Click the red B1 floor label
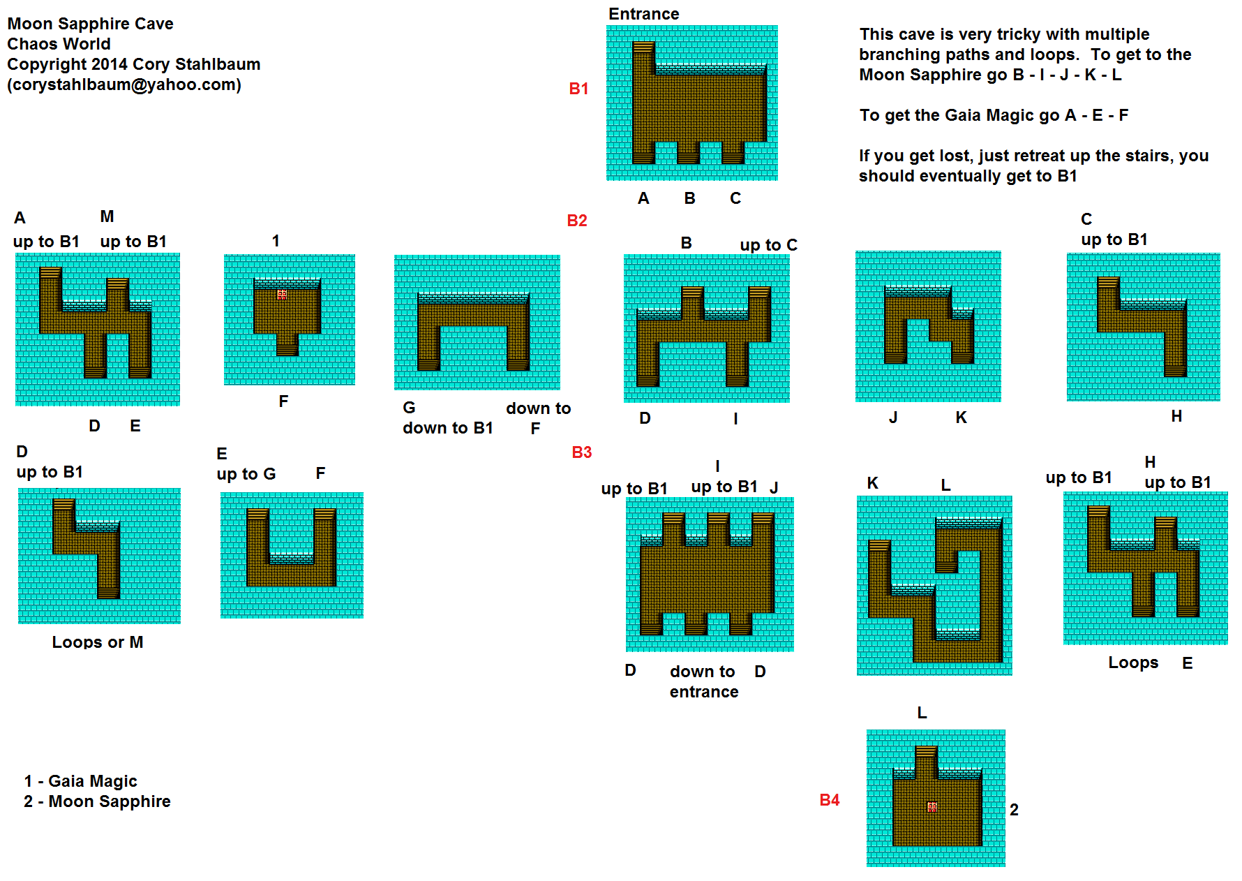(x=578, y=89)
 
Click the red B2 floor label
(x=577, y=221)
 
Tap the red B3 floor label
(x=581, y=452)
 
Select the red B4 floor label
(x=830, y=800)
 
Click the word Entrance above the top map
(x=643, y=14)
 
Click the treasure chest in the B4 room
(x=932, y=807)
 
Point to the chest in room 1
(x=282, y=295)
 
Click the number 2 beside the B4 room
(x=1014, y=810)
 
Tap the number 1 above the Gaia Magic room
(x=276, y=241)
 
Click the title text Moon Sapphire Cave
(x=91, y=24)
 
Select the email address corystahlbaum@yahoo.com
(x=124, y=84)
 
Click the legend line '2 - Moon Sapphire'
(x=97, y=801)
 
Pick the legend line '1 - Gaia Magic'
(x=80, y=781)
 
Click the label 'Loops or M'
(x=98, y=642)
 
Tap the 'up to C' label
(x=768, y=245)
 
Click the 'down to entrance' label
(x=703, y=681)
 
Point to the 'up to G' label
(x=246, y=474)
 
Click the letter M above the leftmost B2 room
(x=107, y=216)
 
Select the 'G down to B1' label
(x=447, y=417)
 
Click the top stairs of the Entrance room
(x=643, y=47)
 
